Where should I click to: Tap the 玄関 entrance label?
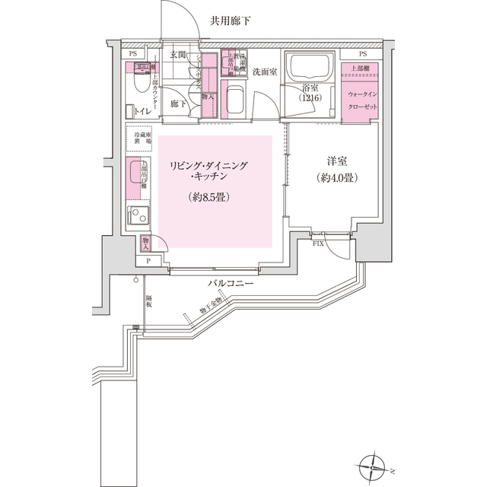click(178, 55)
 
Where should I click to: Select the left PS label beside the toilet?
click(133, 54)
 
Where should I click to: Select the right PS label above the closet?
click(362, 54)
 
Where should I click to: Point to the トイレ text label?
click(142, 111)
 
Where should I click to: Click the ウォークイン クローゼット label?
click(361, 99)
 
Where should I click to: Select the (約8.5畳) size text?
click(208, 196)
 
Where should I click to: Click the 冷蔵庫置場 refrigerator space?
click(142, 141)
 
